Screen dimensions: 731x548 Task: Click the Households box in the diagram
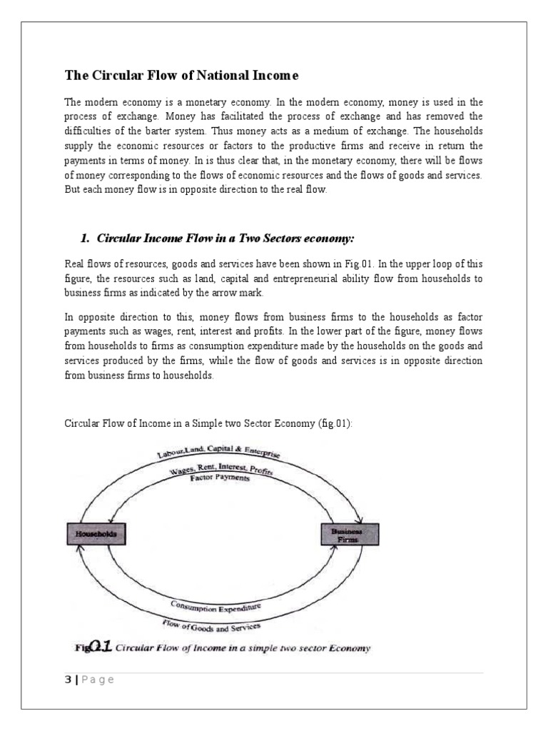[x=97, y=533]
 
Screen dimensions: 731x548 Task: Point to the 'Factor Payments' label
[x=220, y=480]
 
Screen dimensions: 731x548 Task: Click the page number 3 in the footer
[x=68, y=679]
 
